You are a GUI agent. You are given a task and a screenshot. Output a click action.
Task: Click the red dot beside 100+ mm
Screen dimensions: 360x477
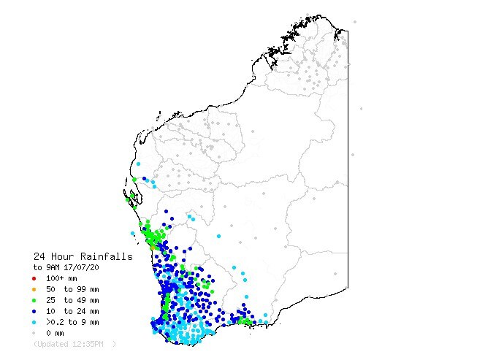click(x=34, y=278)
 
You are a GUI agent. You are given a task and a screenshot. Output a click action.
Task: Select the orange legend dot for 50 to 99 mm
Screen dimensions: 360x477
click(x=34, y=289)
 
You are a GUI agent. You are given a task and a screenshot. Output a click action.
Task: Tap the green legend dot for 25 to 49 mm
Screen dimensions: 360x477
click(x=34, y=300)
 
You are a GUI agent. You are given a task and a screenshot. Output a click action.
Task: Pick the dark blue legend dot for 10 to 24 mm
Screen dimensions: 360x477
click(x=34, y=311)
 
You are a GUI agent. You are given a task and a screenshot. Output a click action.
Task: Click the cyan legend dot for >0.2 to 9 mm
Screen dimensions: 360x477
click(x=34, y=322)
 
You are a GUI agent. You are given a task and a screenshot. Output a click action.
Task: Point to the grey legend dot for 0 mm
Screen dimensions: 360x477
click(x=34, y=333)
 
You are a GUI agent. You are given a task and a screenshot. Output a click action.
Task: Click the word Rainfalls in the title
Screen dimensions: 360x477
click(x=107, y=257)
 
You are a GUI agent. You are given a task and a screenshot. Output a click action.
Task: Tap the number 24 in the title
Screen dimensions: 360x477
click(x=40, y=257)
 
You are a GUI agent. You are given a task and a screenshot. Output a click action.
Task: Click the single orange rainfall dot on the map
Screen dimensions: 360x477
click(x=152, y=248)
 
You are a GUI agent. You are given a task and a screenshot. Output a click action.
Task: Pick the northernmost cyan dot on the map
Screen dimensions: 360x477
click(x=138, y=164)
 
